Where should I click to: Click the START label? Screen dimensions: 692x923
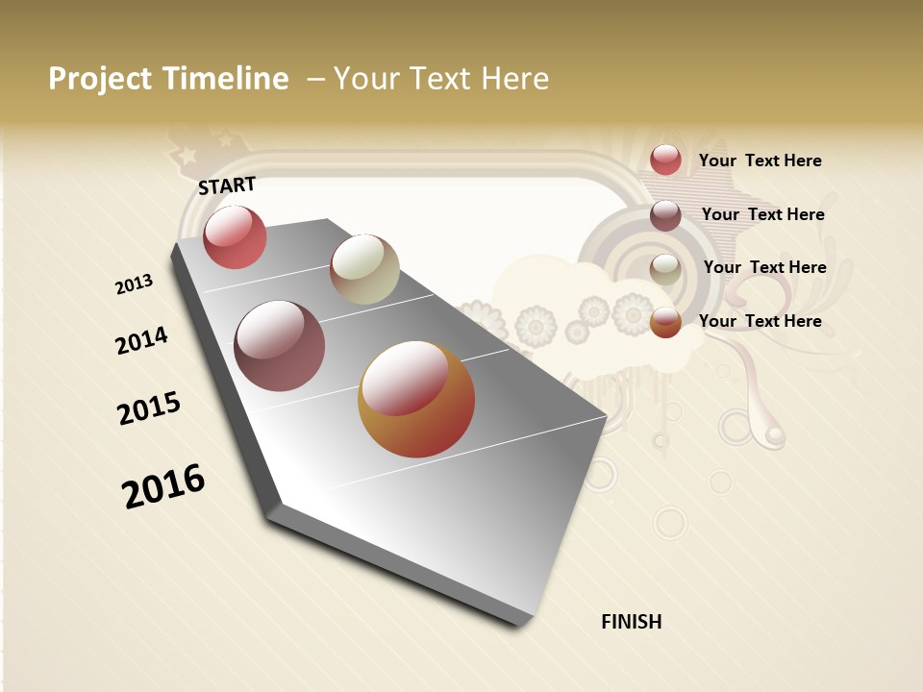[227, 185]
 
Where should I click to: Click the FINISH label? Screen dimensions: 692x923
[632, 622]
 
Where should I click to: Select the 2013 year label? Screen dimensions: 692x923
[134, 284]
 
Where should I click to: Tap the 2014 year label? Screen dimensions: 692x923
[141, 340]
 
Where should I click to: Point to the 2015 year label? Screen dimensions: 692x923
[149, 408]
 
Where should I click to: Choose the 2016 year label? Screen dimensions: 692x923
[163, 486]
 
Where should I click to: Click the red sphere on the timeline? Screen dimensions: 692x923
[235, 237]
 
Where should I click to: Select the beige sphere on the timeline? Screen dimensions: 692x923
[364, 269]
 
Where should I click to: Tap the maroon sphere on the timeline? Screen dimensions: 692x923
[280, 346]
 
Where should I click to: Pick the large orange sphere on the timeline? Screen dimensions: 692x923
[416, 399]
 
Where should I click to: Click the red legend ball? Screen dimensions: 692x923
[665, 160]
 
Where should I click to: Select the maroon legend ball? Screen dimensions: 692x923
[665, 215]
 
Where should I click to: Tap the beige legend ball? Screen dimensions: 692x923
[665, 269]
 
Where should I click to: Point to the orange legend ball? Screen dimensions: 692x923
[665, 322]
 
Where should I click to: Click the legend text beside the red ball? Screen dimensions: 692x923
[760, 161]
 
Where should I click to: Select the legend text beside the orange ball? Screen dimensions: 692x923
[760, 321]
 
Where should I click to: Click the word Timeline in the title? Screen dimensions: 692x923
[225, 79]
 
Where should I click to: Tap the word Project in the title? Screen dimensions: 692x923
[100, 79]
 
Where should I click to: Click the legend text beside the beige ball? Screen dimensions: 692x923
[764, 267]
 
